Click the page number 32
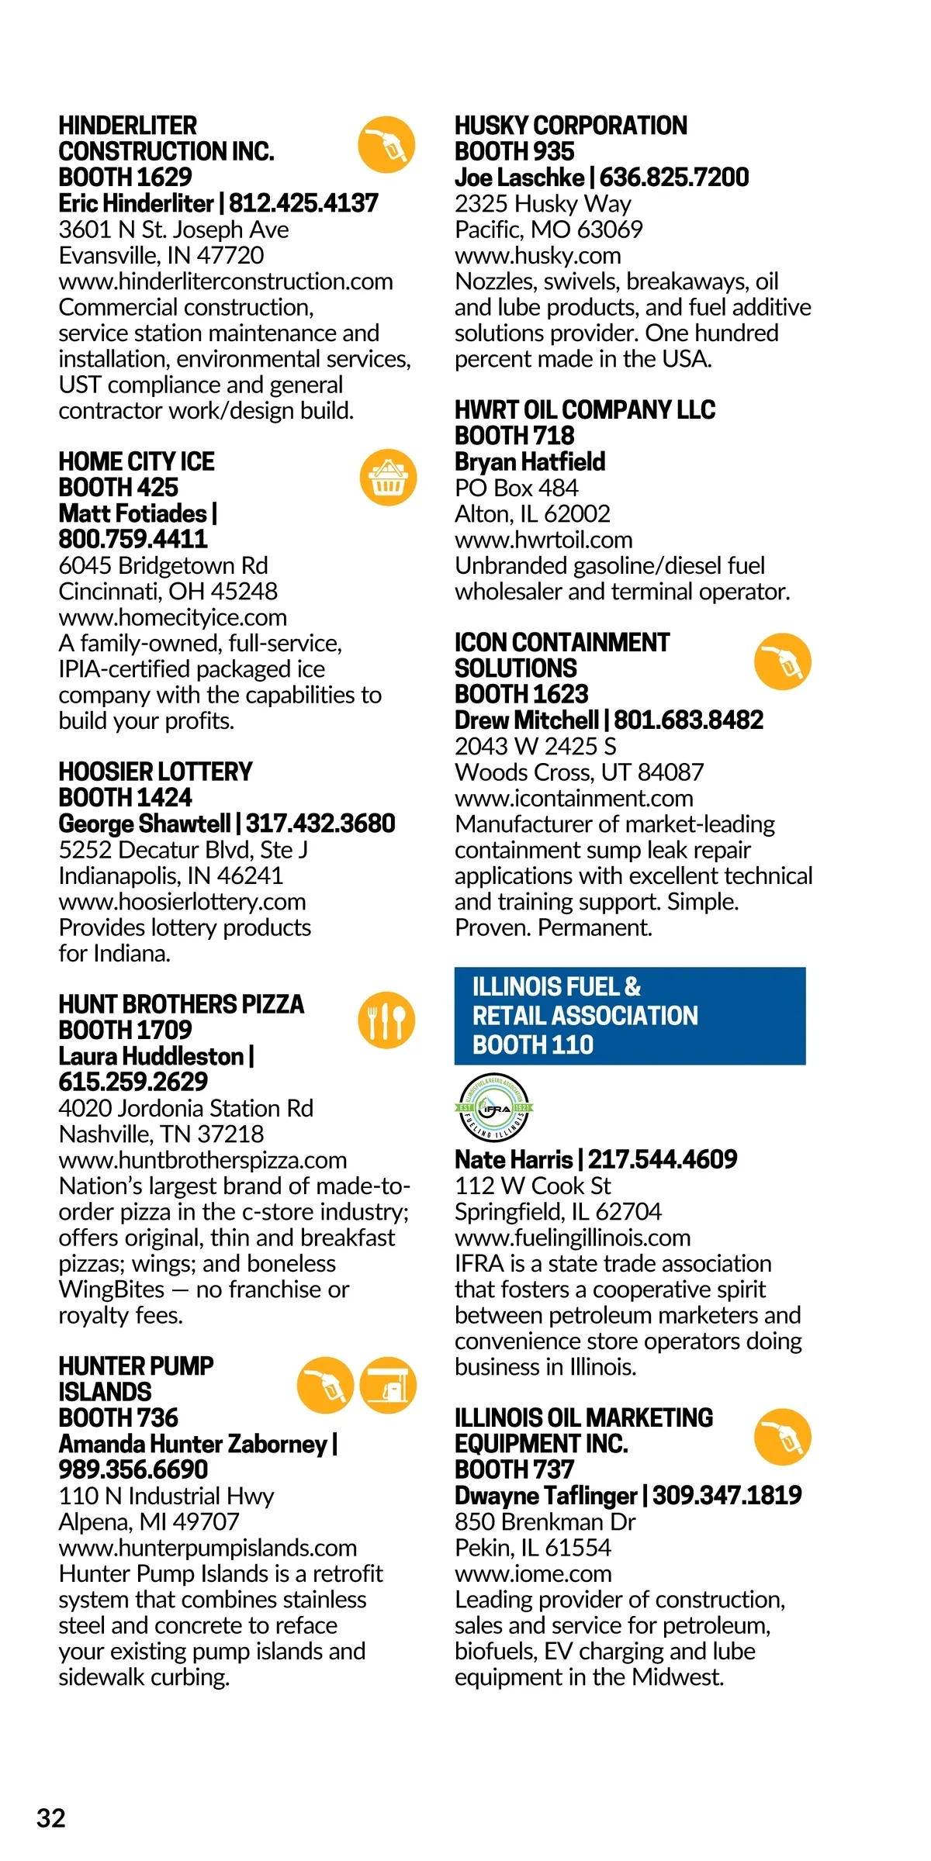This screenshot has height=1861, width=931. pyautogui.click(x=51, y=1818)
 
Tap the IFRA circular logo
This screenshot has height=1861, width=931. pyautogui.click(x=493, y=1108)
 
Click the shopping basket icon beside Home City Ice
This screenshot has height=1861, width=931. pyautogui.click(x=388, y=478)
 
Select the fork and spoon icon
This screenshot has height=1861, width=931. pyautogui.click(x=386, y=1020)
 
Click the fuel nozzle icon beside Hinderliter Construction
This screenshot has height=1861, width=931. pyautogui.click(x=386, y=144)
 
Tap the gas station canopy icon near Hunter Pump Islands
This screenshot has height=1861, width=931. pyautogui.click(x=388, y=1386)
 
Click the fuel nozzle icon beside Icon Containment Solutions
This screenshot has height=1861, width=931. pyautogui.click(x=783, y=661)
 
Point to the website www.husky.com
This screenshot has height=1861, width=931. pyautogui.click(x=538, y=255)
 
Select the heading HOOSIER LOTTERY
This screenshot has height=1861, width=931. pyautogui.click(x=155, y=772)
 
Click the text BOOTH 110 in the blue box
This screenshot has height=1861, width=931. pyautogui.click(x=533, y=1044)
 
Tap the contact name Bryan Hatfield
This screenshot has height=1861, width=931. pyautogui.click(x=530, y=461)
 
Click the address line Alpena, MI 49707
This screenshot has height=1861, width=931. pyautogui.click(x=149, y=1522)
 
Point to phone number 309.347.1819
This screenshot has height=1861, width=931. pyautogui.click(x=727, y=1495)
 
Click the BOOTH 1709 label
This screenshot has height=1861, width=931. pyautogui.click(x=125, y=1030)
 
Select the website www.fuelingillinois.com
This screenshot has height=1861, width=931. pyautogui.click(x=573, y=1238)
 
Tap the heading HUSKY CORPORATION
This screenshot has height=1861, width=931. pyautogui.click(x=570, y=126)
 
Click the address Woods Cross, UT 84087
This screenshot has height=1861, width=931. pyautogui.click(x=579, y=772)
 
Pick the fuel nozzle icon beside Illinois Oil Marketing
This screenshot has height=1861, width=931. pyautogui.click(x=783, y=1437)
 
